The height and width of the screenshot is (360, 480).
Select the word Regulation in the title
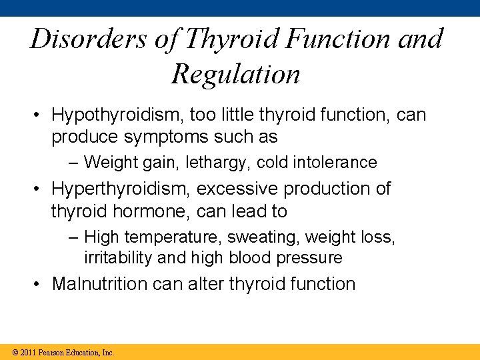[x=236, y=74]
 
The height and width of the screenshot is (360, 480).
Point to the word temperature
[x=170, y=237]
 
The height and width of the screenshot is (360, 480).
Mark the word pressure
[x=308, y=257]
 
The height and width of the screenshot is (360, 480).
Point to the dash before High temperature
[x=73, y=237]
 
